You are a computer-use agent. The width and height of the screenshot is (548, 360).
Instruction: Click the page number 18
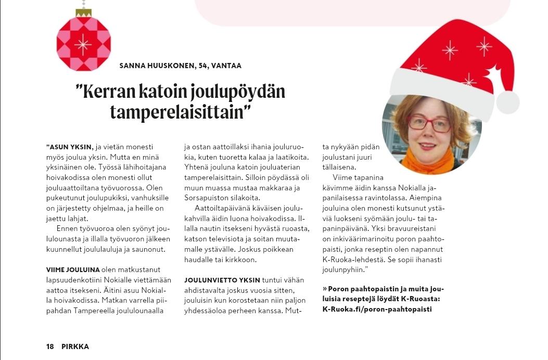50,346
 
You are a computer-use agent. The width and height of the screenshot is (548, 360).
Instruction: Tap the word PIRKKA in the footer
75,346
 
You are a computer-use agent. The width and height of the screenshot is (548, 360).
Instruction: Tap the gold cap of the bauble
83,12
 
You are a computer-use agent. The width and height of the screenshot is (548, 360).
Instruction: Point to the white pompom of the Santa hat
508,102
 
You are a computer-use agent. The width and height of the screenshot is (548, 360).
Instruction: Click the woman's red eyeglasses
429,123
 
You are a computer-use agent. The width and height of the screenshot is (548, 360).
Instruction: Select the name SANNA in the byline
132,66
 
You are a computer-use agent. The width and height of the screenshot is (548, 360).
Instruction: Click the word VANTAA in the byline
227,66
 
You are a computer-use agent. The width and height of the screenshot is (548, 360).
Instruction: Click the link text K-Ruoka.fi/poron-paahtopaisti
377,309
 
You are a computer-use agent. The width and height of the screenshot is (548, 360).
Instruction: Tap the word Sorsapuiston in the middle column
207,198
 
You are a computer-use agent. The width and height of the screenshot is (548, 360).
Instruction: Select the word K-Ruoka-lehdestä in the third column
355,259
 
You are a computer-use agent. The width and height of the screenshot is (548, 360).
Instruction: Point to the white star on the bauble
83,44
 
